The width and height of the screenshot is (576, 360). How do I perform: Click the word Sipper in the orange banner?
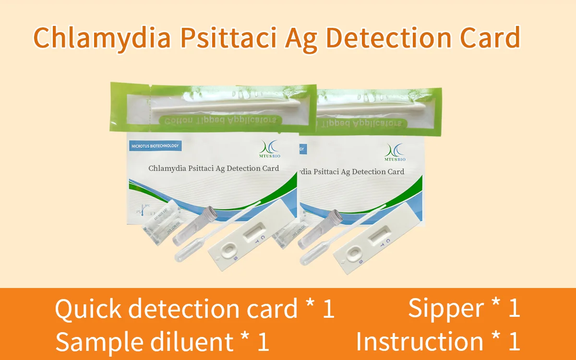click(446, 308)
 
